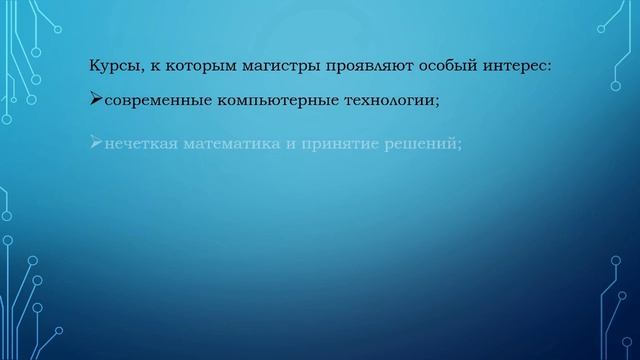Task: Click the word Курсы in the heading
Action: coord(113,68)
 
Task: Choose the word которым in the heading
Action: coord(194,68)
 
